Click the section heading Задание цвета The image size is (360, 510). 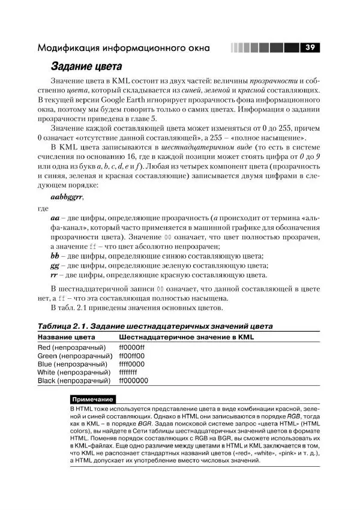click(x=86, y=67)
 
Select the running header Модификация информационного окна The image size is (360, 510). click(x=124, y=47)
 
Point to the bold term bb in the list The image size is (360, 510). click(x=56, y=256)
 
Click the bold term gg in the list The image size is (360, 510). click(x=56, y=266)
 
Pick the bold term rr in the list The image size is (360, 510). click(x=56, y=276)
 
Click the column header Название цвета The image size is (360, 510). click(x=66, y=338)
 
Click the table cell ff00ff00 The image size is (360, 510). click(x=132, y=356)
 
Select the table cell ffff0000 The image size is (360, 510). click(x=132, y=364)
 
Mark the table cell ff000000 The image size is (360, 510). click(x=133, y=381)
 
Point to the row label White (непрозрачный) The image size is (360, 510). click(x=74, y=373)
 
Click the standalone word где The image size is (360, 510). click(x=43, y=209)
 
